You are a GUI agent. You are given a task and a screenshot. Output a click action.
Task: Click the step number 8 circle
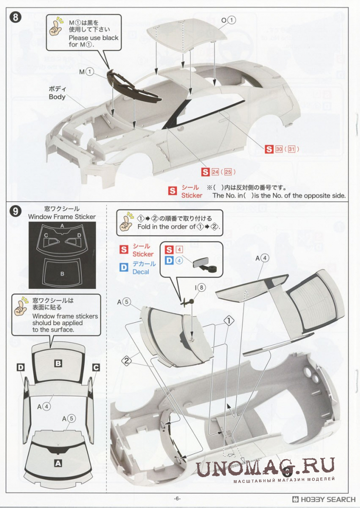click(x=15, y=17)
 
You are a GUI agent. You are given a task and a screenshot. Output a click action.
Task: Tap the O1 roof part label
click(x=229, y=20)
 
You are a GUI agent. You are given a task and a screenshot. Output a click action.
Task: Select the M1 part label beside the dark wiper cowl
click(x=87, y=72)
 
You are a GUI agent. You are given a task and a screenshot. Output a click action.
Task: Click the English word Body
click(x=57, y=97)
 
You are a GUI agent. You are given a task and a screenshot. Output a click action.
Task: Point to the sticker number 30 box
click(x=279, y=149)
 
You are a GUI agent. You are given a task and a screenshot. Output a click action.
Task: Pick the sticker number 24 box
click(x=215, y=172)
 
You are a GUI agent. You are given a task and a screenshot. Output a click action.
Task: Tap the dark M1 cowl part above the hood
click(x=133, y=87)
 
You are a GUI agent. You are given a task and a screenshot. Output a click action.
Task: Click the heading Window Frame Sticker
click(x=62, y=217)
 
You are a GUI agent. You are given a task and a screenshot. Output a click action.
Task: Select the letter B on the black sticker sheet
click(x=62, y=274)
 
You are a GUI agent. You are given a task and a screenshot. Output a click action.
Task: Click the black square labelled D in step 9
click(x=21, y=367)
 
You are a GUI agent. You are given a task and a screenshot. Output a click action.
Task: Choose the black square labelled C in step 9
click(x=96, y=367)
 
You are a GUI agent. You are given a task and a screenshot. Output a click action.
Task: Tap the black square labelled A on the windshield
click(x=58, y=464)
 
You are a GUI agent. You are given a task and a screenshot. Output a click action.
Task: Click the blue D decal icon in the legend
click(x=124, y=267)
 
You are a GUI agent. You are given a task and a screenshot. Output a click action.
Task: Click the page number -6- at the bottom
click(x=177, y=499)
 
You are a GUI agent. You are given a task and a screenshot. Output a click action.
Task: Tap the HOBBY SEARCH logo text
click(x=324, y=499)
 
